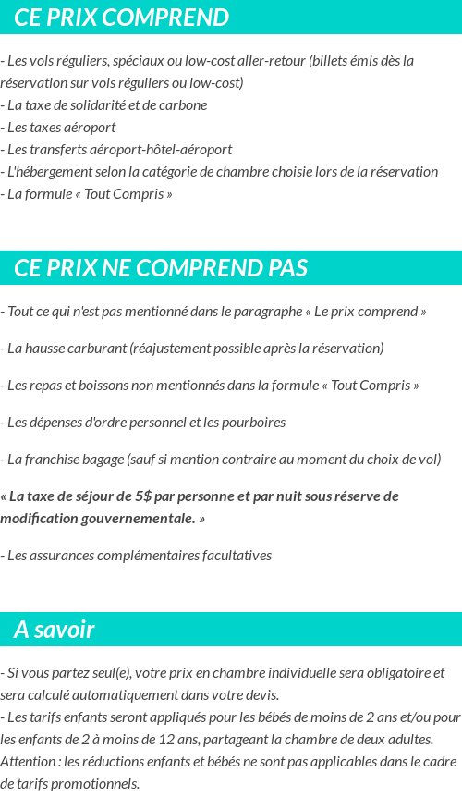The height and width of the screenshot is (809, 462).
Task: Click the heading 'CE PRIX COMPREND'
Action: pos(121,18)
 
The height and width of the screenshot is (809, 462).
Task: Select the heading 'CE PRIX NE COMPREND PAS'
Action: pos(161,268)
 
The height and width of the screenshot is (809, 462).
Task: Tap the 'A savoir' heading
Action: pos(55,630)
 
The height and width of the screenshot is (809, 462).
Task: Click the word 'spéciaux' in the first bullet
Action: pos(141,61)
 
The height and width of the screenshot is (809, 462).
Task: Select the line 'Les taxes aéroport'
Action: pos(60,127)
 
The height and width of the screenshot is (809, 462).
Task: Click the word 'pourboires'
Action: pos(253,422)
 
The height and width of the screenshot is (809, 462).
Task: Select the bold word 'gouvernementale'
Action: pos(134,519)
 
